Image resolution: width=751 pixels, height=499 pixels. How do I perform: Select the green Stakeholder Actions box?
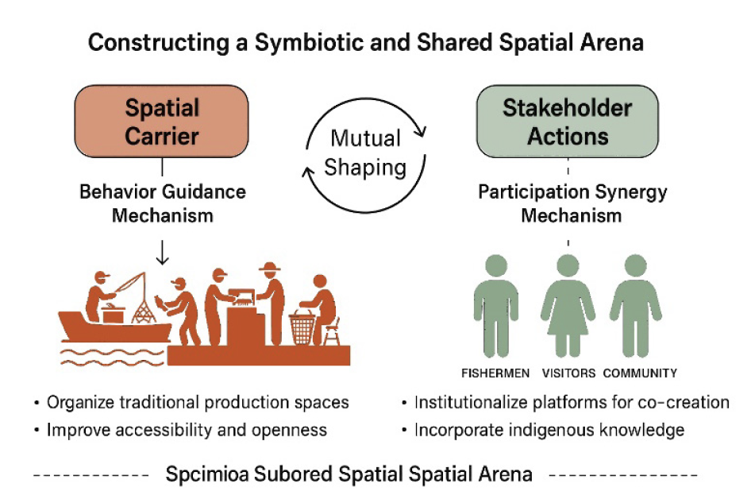pyautogui.click(x=568, y=122)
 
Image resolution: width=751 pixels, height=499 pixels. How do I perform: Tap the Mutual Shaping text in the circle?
pyautogui.click(x=367, y=153)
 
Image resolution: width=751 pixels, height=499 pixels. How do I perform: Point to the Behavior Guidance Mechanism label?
pyautogui.click(x=162, y=203)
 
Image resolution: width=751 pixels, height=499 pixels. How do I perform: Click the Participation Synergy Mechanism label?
pyautogui.click(x=567, y=203)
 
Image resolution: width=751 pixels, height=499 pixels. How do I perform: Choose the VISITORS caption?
pyautogui.click(x=568, y=373)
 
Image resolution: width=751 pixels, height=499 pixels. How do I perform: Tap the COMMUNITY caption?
pyautogui.click(x=640, y=373)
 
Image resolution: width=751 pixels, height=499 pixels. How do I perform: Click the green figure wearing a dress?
pyautogui.click(x=568, y=306)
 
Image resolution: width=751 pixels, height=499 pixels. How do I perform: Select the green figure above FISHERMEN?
pyautogui.click(x=496, y=306)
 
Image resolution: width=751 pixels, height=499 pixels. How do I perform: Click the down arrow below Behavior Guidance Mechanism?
pyautogui.click(x=162, y=252)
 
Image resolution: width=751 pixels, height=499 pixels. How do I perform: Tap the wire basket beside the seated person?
pyautogui.click(x=302, y=327)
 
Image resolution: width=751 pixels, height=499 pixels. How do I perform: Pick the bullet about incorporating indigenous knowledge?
pyautogui.click(x=549, y=431)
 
